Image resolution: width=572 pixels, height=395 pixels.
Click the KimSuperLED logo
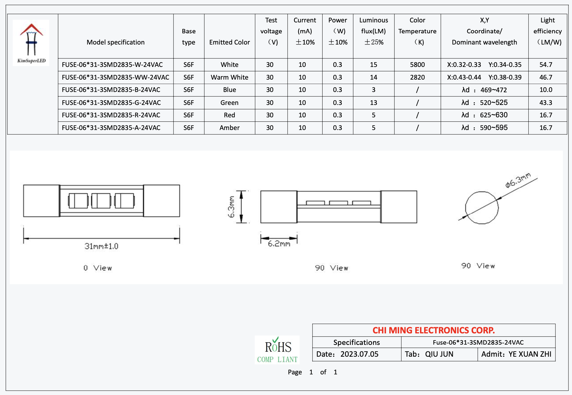(x=31, y=42)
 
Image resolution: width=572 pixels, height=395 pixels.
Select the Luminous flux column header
(x=373, y=31)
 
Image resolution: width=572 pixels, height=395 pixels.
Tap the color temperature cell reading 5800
(x=417, y=65)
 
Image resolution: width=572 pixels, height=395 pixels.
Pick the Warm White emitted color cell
(x=229, y=77)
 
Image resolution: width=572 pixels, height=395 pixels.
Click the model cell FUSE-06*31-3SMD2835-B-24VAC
(x=111, y=90)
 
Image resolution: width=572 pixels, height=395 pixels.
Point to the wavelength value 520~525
(x=493, y=103)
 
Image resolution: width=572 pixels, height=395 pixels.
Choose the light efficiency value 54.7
(x=545, y=65)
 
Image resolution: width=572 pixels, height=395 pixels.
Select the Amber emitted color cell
(x=229, y=128)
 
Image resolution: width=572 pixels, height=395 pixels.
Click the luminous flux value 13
(x=373, y=103)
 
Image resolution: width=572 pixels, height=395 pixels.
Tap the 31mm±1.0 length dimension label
(x=101, y=246)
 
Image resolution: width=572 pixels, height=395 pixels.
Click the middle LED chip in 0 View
(x=101, y=201)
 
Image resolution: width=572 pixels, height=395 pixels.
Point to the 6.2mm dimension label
(x=279, y=244)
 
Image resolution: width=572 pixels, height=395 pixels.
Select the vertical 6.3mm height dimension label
(x=231, y=207)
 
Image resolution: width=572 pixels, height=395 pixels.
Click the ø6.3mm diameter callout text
(x=518, y=180)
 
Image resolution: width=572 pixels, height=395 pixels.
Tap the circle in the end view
(x=482, y=208)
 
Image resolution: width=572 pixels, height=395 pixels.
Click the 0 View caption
(x=98, y=268)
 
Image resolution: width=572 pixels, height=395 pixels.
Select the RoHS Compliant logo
(x=277, y=350)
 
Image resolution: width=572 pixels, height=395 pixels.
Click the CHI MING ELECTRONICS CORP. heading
(x=433, y=330)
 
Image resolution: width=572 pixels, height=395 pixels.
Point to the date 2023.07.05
(x=359, y=354)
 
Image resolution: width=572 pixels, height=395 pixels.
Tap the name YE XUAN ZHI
(x=529, y=354)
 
